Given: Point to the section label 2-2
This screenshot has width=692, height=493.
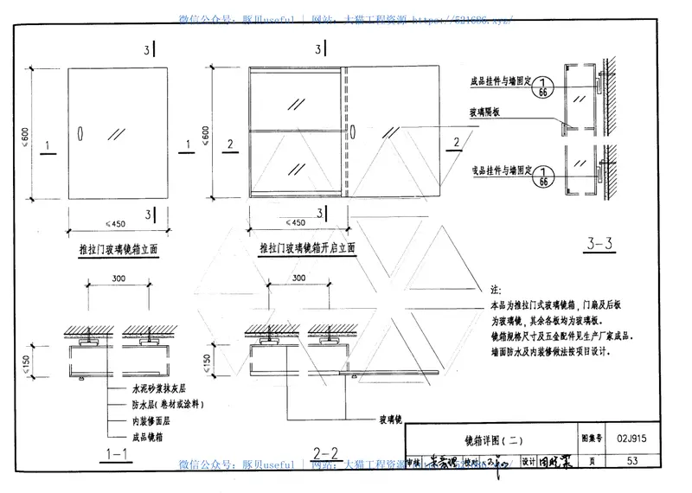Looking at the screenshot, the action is click(x=324, y=452).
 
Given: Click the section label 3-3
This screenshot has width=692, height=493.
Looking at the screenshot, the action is click(x=599, y=245).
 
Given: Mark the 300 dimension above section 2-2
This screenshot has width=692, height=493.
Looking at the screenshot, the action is click(x=298, y=279).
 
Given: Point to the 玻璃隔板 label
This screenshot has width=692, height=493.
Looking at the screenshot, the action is click(x=489, y=112).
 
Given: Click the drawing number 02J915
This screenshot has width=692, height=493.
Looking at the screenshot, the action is click(x=634, y=440).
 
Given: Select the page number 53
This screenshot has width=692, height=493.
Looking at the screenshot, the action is click(x=633, y=461).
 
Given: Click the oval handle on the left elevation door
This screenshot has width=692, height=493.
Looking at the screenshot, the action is click(x=79, y=136).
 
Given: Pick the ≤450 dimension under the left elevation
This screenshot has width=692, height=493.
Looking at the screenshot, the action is click(x=116, y=222).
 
